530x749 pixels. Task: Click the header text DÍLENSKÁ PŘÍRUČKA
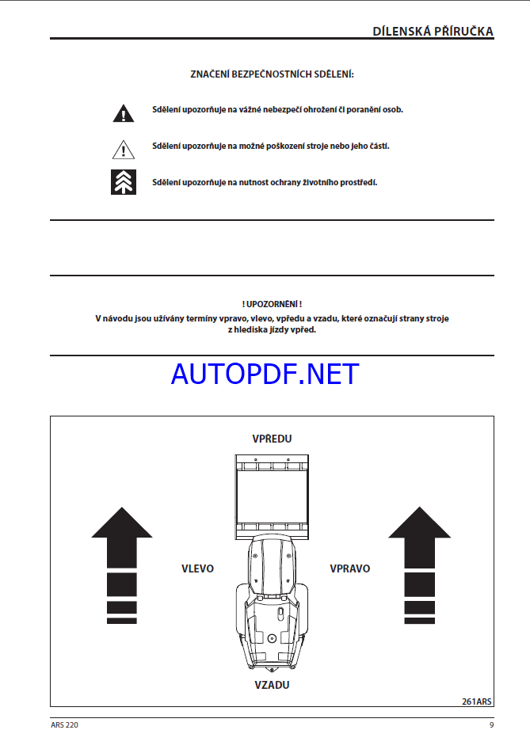click(x=433, y=31)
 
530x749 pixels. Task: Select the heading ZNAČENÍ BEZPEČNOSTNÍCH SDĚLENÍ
click(x=272, y=74)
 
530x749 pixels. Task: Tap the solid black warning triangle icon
click(x=123, y=113)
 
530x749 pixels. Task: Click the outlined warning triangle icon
click(x=123, y=147)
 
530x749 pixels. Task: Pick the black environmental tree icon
click(x=123, y=182)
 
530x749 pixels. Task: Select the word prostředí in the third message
click(x=358, y=182)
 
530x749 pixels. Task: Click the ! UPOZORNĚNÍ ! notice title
click(x=272, y=304)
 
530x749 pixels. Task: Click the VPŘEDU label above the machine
click(x=272, y=439)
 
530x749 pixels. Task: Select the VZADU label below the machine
click(x=271, y=685)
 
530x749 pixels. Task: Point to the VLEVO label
click(x=197, y=568)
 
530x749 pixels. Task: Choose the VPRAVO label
click(x=349, y=568)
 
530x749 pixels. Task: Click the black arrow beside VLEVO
click(x=122, y=562)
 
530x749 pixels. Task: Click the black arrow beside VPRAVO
click(x=420, y=562)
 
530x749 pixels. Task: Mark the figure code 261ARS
click(x=477, y=701)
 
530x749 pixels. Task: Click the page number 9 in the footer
click(x=491, y=725)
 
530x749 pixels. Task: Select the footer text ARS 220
click(x=64, y=725)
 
